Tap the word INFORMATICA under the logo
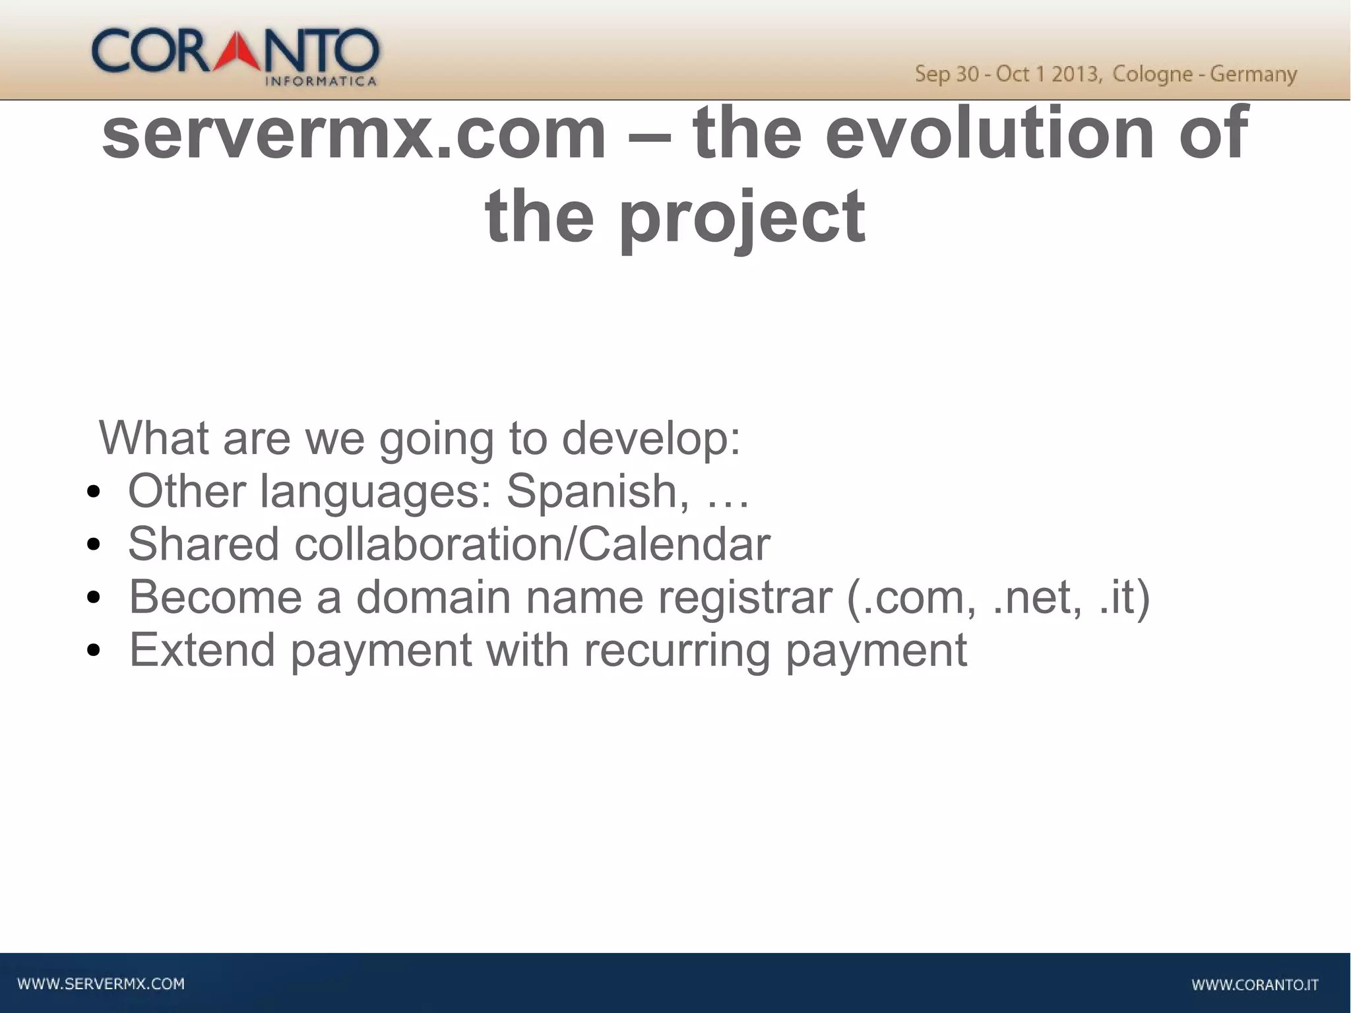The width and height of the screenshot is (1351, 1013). (321, 82)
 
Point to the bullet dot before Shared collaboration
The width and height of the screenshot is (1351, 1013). (94, 545)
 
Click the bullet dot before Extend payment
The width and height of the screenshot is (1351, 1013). (94, 651)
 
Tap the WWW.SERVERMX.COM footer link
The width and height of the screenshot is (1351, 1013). (101, 984)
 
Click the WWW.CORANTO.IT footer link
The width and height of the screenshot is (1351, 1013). (1255, 985)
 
